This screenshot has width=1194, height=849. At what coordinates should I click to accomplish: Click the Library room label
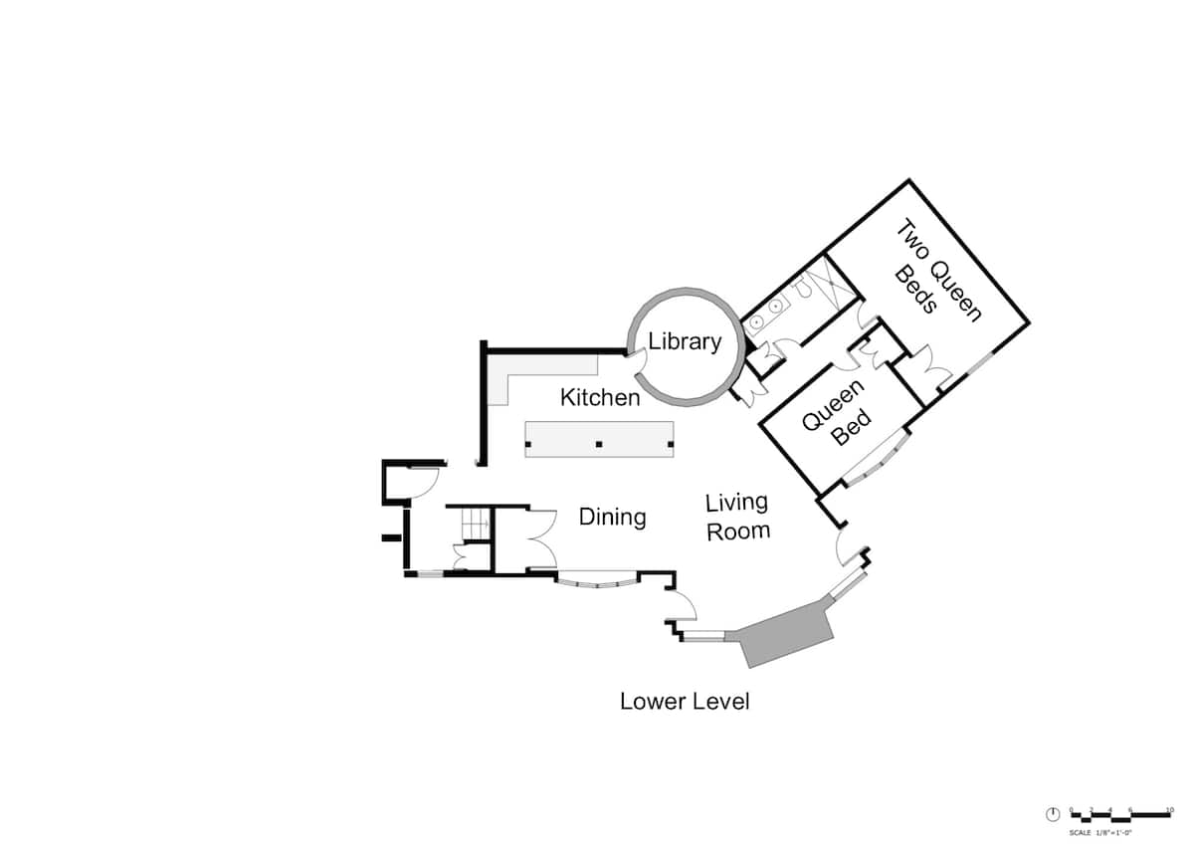pyautogui.click(x=685, y=341)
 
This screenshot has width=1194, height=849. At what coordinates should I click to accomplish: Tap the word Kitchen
pyautogui.click(x=600, y=398)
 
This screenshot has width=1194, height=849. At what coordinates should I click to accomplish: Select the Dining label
pyautogui.click(x=612, y=518)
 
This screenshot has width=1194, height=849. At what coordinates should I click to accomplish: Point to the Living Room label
pyautogui.click(x=737, y=517)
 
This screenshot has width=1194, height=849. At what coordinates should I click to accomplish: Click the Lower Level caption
pyautogui.click(x=685, y=702)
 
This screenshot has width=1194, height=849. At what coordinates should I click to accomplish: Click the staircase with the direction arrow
pyautogui.click(x=470, y=522)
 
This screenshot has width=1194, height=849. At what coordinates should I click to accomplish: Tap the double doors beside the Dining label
pyautogui.click(x=540, y=537)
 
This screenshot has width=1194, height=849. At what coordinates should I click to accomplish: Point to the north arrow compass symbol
pyautogui.click(x=1053, y=814)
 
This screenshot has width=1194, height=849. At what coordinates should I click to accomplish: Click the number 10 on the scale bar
pyautogui.click(x=1170, y=809)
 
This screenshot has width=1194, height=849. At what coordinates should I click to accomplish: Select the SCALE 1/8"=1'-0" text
pyautogui.click(x=1101, y=831)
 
